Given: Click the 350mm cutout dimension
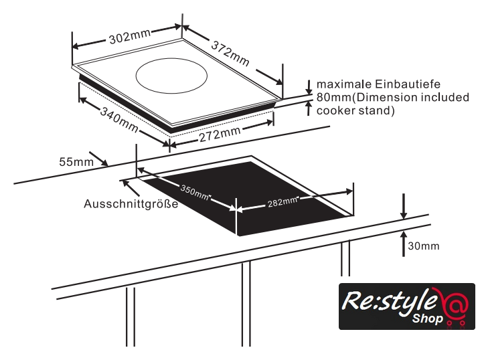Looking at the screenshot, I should [x=195, y=193].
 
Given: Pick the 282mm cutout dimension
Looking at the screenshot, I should [x=282, y=200].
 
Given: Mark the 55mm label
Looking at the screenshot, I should [x=74, y=161].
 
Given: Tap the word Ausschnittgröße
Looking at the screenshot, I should [x=131, y=204].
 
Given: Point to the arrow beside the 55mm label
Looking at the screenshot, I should [x=98, y=159].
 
